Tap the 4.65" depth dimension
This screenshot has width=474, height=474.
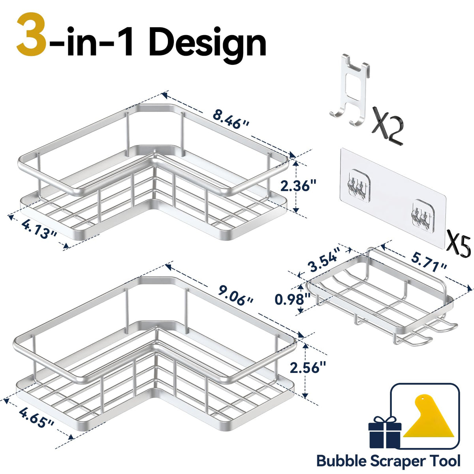tap(37, 418)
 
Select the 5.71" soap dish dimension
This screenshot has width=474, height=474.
tap(429, 264)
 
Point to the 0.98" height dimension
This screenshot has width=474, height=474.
tap(292, 299)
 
